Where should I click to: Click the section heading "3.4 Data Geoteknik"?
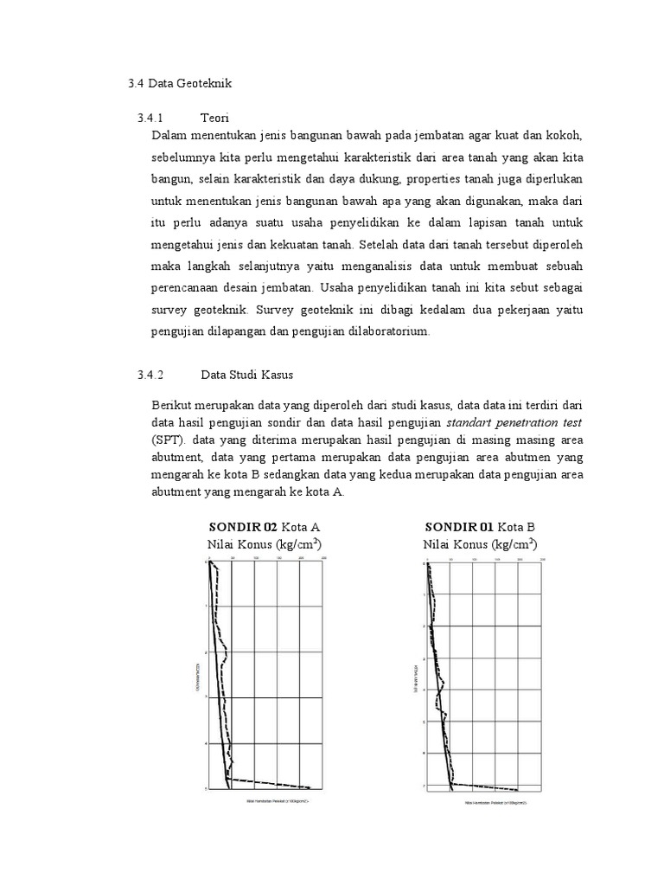click(180, 83)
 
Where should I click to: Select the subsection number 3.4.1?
click(150, 117)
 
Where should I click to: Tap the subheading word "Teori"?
click(214, 117)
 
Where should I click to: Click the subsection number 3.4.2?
click(150, 375)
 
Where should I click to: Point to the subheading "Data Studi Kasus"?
click(247, 375)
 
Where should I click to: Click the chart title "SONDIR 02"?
click(242, 526)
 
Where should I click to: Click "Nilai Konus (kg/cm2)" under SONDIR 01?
click(481, 544)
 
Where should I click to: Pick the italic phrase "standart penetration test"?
click(514, 422)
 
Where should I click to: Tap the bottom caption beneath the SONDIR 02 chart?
click(276, 800)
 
